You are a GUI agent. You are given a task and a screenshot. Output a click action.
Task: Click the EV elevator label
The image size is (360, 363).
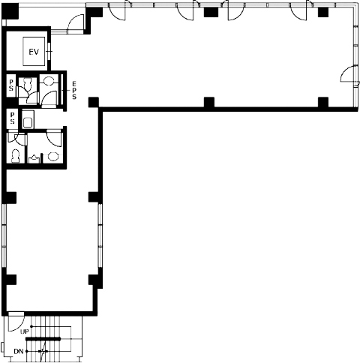click(x=34, y=52)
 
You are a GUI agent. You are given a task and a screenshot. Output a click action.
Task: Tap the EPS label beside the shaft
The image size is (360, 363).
click(x=74, y=90)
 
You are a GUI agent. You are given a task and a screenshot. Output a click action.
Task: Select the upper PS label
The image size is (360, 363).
click(x=11, y=85)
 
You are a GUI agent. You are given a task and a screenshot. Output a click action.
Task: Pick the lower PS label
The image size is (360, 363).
click(x=12, y=118)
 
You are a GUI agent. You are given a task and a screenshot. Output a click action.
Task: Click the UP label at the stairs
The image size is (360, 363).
click(x=25, y=331)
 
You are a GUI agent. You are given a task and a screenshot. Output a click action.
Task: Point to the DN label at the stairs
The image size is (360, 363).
click(x=19, y=352)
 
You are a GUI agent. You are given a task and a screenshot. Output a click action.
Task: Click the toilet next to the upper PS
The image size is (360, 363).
click(x=26, y=84)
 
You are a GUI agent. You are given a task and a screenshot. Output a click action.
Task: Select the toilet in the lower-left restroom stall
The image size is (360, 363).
click(x=16, y=156)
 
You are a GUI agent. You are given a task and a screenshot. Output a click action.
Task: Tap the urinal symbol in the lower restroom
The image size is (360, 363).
click(x=33, y=159)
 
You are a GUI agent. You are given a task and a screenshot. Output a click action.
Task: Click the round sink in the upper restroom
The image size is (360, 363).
click(x=49, y=80)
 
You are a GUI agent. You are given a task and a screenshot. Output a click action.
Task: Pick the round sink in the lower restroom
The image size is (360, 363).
click(x=53, y=157)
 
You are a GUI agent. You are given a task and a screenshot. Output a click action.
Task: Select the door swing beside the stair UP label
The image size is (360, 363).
click(x=16, y=324)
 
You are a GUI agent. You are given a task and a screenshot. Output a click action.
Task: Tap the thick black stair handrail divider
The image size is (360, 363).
click(x=43, y=339)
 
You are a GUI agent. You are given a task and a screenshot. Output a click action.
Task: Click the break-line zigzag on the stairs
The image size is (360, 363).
click(x=43, y=352)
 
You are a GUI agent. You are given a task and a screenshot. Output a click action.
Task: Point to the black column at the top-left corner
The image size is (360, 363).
click(x=10, y=11)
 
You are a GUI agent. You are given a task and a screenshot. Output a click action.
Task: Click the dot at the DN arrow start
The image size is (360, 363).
click(x=27, y=352)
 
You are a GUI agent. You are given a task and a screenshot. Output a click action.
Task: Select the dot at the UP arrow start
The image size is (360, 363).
click(x=31, y=326)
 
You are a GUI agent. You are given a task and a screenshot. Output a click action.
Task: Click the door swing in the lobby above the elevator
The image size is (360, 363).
click(x=76, y=23)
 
